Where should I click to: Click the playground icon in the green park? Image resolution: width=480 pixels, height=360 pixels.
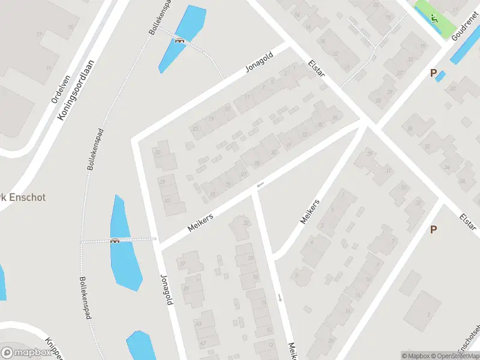coord(434,19)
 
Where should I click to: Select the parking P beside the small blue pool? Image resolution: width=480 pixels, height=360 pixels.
coord(433,73)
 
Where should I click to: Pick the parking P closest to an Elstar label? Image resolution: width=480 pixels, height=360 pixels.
coord(433,229)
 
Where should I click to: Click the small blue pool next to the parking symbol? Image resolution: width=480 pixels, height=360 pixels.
coord(440,77)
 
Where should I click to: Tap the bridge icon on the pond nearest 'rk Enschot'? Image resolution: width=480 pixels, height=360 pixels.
coord(115,241)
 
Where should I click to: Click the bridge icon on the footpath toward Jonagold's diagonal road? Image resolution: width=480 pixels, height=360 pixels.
coord(179,40)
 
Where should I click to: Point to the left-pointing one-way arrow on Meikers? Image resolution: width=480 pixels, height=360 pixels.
coord(260,184)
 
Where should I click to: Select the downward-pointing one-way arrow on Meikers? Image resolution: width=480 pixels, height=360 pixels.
coord(280,297)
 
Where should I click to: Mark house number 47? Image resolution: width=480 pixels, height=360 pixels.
coord(203,343)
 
